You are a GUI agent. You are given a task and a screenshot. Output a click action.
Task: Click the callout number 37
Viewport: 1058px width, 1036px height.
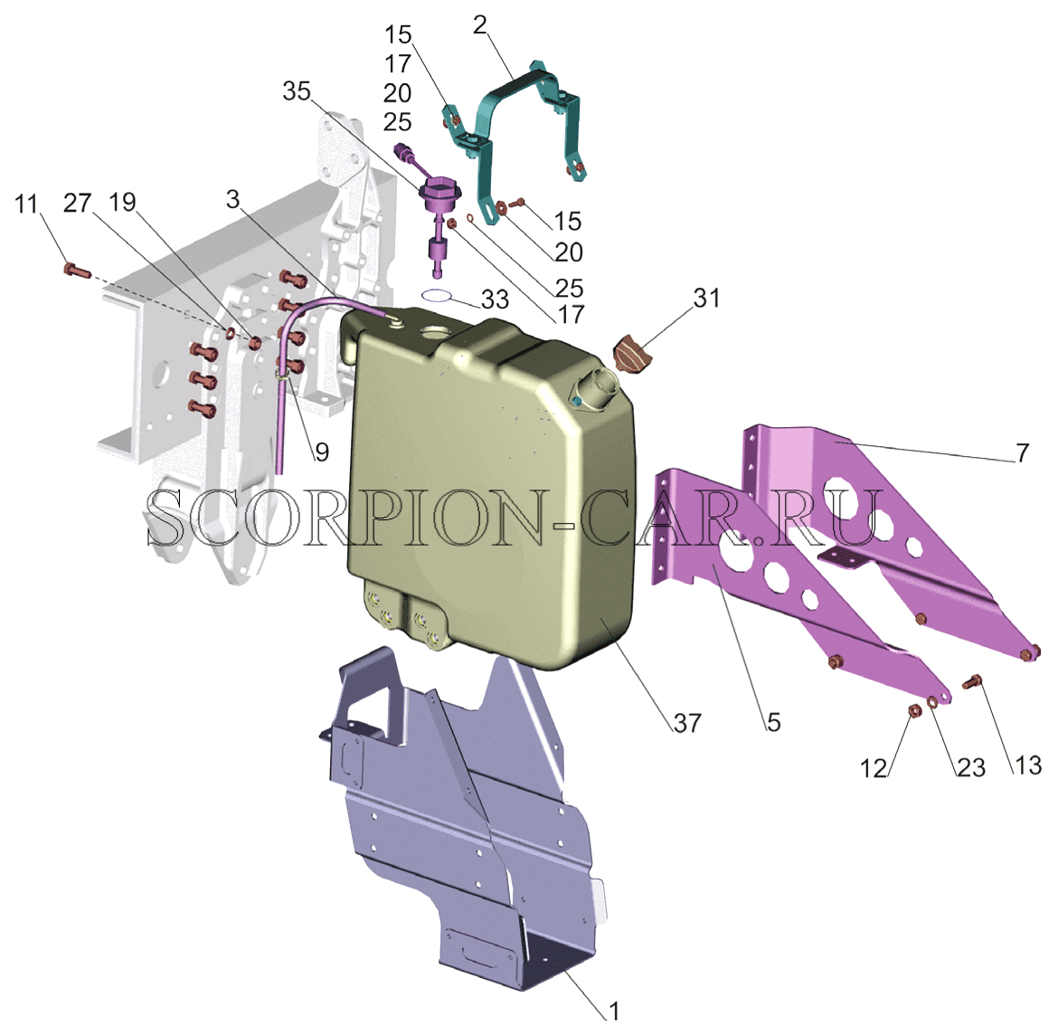click(687, 723)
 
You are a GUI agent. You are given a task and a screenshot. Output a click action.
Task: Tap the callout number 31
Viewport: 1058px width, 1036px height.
click(706, 297)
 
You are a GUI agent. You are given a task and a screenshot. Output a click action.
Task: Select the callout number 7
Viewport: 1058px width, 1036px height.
click(1023, 452)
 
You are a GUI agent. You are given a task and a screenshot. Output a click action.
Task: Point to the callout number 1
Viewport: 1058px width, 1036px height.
click(613, 1011)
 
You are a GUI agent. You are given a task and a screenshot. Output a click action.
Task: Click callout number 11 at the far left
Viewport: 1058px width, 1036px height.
click(26, 204)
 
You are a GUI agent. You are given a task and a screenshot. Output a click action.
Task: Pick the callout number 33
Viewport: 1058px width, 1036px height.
click(495, 299)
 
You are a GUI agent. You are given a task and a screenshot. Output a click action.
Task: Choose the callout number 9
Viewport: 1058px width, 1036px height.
click(322, 451)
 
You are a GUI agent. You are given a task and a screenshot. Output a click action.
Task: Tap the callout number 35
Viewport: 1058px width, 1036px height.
click(297, 91)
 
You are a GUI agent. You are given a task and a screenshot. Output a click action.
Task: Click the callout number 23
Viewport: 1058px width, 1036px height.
click(971, 767)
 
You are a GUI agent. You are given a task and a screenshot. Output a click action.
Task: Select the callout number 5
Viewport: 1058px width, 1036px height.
click(773, 722)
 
